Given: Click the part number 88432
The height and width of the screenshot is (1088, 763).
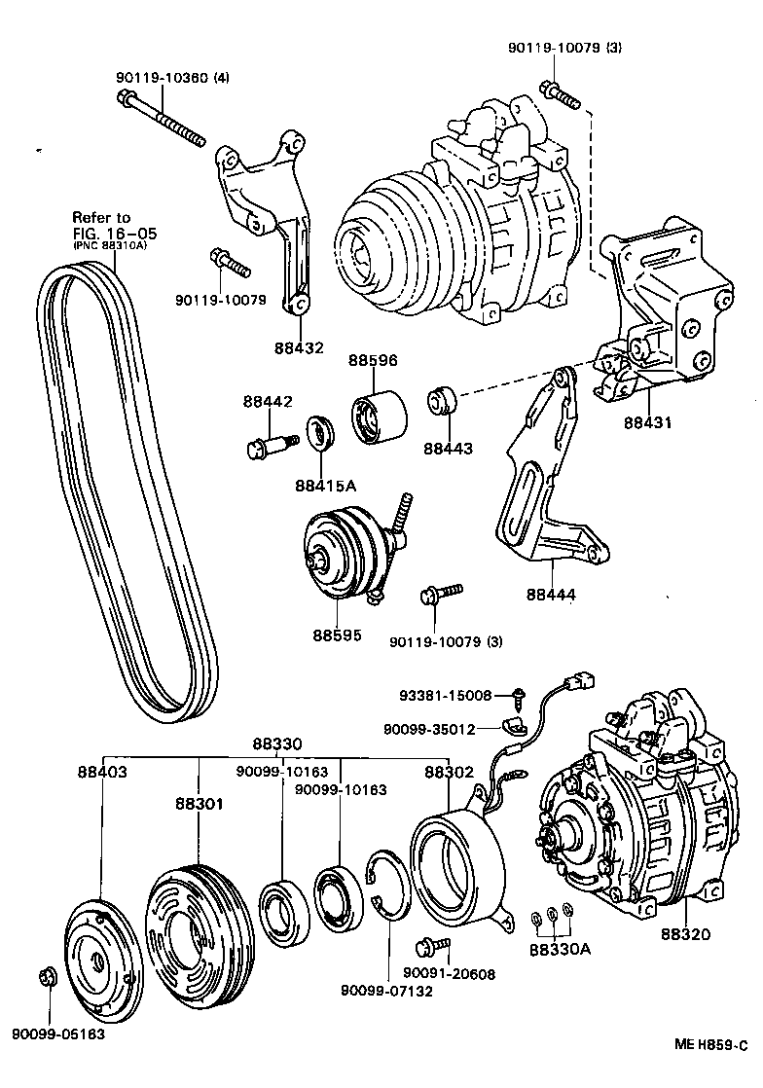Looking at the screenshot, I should tap(299, 347).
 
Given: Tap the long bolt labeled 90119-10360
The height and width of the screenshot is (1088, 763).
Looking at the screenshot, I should tap(161, 119).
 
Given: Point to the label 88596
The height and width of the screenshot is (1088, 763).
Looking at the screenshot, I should tap(373, 360).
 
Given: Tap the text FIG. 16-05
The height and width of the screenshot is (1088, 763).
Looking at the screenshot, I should tap(114, 234).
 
